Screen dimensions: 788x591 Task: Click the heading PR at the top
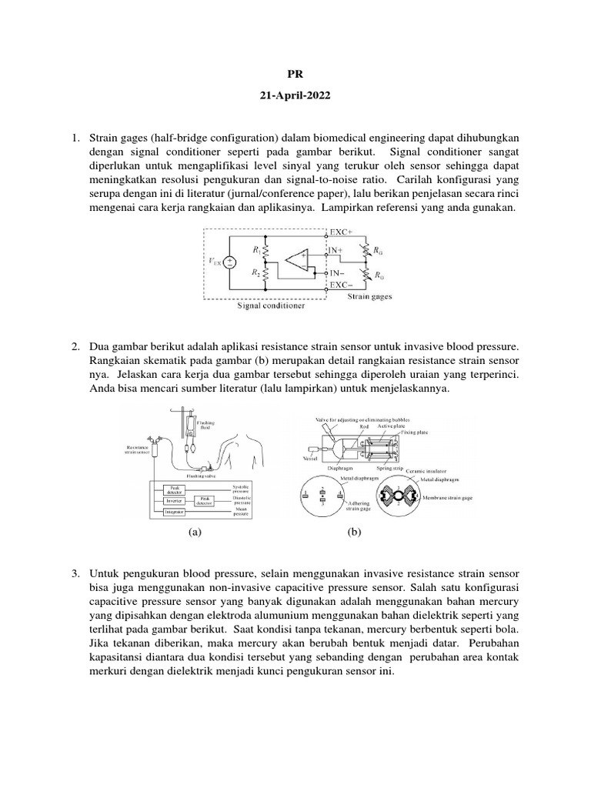click(295, 75)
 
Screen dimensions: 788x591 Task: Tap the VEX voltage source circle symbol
click(229, 262)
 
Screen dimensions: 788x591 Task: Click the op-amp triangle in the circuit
click(301, 261)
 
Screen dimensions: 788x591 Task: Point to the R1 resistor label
click(255, 249)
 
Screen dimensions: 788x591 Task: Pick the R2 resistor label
click(255, 273)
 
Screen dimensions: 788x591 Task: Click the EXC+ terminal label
click(341, 232)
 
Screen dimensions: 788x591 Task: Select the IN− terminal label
click(339, 273)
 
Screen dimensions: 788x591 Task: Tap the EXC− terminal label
click(341, 285)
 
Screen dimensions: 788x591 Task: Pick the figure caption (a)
click(195, 531)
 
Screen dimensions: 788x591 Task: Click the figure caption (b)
click(354, 531)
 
